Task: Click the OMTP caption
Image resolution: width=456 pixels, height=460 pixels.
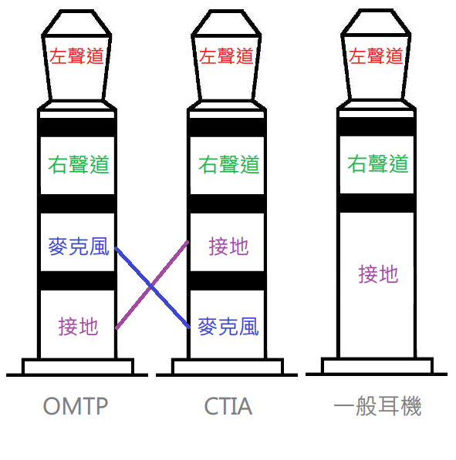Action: [76, 406]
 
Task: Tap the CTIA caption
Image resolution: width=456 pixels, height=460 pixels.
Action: [228, 406]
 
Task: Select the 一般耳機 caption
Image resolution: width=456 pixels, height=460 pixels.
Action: [378, 406]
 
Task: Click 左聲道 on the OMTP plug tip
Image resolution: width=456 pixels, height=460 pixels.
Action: [76, 56]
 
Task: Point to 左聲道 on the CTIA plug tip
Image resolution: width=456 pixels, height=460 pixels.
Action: [226, 56]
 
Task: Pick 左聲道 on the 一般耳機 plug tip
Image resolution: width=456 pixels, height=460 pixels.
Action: [376, 55]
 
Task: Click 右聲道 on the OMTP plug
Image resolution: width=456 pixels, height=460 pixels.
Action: [79, 164]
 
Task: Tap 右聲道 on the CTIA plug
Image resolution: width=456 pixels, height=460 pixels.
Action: [229, 164]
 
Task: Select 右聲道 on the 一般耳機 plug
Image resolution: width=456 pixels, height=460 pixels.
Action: [378, 163]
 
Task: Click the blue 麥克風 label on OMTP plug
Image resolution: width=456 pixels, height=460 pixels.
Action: [79, 247]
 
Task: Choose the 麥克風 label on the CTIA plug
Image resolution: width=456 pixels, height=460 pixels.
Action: [228, 327]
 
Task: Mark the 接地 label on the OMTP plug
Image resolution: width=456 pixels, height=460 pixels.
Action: [78, 327]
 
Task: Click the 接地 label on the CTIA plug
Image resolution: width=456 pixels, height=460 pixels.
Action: [228, 247]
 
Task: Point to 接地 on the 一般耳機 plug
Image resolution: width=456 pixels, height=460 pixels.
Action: [378, 274]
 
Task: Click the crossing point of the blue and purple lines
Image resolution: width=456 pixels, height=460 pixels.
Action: [151, 286]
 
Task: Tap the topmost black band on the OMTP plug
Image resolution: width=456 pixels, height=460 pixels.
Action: [77, 127]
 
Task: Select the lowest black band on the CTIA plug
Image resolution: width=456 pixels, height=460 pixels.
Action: [227, 280]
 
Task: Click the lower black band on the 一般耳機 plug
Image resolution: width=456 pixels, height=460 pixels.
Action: [377, 203]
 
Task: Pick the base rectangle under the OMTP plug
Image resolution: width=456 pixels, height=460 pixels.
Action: [78, 367]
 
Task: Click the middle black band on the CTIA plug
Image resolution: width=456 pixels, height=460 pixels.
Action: [227, 203]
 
